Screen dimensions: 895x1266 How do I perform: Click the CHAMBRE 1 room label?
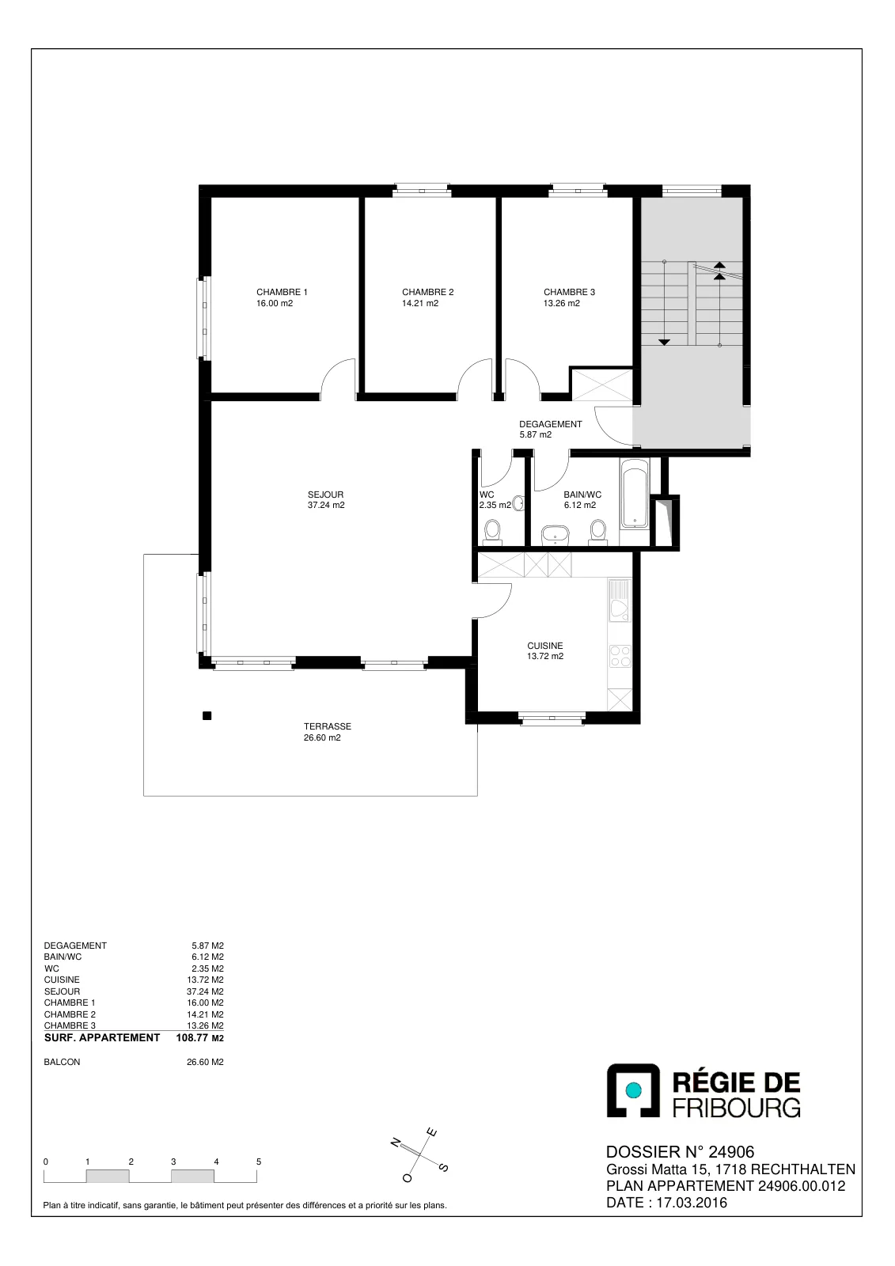coord(282,292)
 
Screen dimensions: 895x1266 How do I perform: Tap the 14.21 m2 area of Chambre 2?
coord(420,303)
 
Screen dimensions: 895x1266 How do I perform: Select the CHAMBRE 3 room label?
coord(569,292)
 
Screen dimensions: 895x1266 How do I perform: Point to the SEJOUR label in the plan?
coord(326,495)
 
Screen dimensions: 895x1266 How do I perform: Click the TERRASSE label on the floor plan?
coord(328,726)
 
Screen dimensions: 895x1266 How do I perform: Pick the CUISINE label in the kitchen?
coord(545,646)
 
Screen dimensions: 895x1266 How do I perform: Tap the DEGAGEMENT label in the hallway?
coord(551,424)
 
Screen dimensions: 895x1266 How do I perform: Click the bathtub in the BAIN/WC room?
coord(635,494)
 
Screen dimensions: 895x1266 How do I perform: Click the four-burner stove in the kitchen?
coord(620,657)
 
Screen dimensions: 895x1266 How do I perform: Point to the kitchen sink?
coord(620,601)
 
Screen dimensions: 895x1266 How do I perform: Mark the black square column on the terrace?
coord(207,716)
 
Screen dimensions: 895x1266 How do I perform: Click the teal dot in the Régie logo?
coord(633,1089)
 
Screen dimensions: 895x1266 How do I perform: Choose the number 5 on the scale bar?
coord(259,1162)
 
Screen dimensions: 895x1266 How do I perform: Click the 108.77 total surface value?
coord(192,1037)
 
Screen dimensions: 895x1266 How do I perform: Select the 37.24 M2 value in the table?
coord(205,991)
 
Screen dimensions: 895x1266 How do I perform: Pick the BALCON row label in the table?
coord(63,1062)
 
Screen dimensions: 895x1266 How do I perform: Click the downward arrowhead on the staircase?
coord(664,342)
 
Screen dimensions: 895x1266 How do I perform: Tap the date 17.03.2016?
coord(692,1202)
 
